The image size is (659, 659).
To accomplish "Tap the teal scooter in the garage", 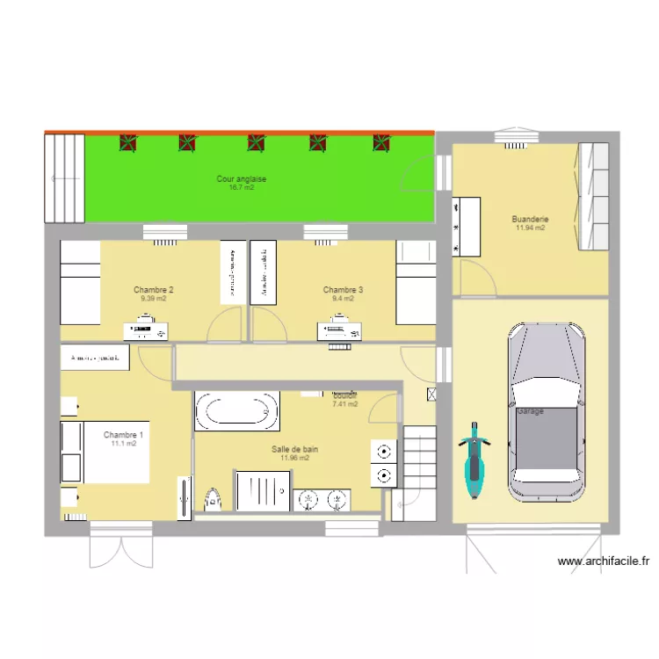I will tap(474, 460).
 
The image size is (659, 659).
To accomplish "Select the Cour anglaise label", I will tap(242, 179).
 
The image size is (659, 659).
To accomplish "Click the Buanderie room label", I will tap(530, 219).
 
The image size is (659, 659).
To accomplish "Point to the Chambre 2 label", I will tap(154, 290).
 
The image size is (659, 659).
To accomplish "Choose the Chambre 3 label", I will tap(343, 290).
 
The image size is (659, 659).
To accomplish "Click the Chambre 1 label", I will tap(123, 435).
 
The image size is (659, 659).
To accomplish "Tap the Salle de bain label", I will tap(294, 449).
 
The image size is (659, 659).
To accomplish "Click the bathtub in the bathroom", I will tap(236, 410).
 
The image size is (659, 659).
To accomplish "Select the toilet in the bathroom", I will tap(212, 499).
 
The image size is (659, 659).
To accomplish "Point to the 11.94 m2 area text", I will tap(530, 228).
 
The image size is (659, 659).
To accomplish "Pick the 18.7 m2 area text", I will tap(242, 188).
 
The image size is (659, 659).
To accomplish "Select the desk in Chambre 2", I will tap(147, 330).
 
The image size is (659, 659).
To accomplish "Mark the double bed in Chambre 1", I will tap(104, 452).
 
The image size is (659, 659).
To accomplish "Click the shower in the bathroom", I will tap(263, 489).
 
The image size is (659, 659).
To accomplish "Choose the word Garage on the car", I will tap(530, 411).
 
